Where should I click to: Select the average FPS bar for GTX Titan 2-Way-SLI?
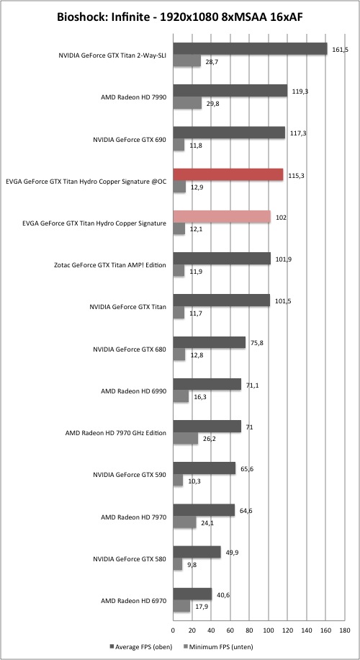click(x=251, y=49)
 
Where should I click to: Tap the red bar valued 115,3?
click(x=228, y=174)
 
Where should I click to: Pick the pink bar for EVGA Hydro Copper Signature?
click(x=222, y=216)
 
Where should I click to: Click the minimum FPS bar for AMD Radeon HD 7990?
click(x=187, y=103)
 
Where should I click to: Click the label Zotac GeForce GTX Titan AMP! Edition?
click(x=111, y=265)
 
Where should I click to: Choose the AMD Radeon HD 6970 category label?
click(x=134, y=601)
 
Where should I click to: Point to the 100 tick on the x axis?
click(x=269, y=630)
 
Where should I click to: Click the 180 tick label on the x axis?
click(x=344, y=630)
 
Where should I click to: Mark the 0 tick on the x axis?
click(x=173, y=630)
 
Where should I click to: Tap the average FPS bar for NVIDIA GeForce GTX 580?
click(x=197, y=552)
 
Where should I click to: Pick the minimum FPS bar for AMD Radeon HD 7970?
click(x=184, y=522)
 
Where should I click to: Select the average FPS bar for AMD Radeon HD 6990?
click(x=207, y=384)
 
